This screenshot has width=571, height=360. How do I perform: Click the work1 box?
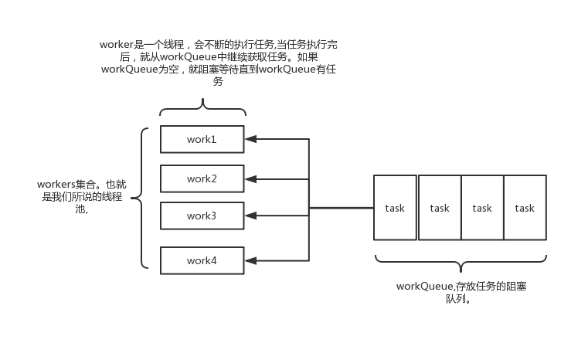click(202, 139)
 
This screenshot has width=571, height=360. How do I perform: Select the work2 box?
click(202, 178)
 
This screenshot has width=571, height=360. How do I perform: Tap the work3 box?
click(202, 216)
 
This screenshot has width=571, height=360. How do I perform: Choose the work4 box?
click(202, 260)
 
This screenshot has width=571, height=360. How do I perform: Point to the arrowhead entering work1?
click(250, 140)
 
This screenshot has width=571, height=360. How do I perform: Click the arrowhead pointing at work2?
click(250, 179)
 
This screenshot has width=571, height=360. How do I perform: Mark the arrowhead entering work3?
click(250, 216)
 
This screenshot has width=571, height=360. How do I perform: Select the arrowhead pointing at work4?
click(250, 260)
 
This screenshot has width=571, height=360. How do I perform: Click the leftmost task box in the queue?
click(395, 207)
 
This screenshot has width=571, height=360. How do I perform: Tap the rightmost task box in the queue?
click(525, 207)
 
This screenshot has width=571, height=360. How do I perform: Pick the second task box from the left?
click(439, 207)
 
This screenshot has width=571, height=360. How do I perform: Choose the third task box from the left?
click(482, 207)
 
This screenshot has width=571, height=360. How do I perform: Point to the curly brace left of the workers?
click(140, 199)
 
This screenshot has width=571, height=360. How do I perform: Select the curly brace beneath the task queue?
click(461, 260)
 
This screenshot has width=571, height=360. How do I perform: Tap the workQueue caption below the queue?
click(461, 292)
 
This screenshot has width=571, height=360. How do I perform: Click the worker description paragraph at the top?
click(219, 63)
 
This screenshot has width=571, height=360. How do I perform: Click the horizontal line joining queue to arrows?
click(341, 207)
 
